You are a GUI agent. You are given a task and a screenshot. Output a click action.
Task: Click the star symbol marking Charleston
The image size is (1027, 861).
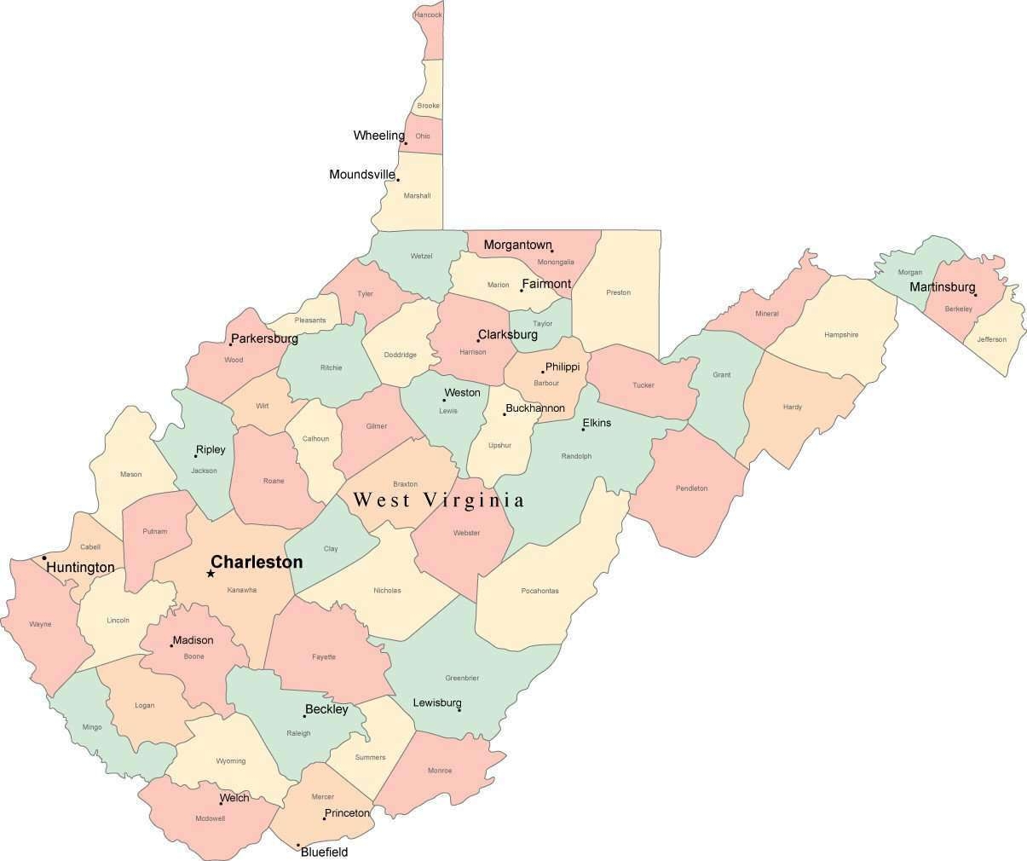(x=211, y=574)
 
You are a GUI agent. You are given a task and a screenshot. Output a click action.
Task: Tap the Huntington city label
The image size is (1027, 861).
(x=80, y=568)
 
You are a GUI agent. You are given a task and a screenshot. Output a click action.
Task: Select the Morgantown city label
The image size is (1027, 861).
(x=517, y=245)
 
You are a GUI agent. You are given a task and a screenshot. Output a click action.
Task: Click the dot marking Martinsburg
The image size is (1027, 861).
(x=976, y=295)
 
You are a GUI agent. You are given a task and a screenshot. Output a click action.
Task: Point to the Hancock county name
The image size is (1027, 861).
(x=428, y=15)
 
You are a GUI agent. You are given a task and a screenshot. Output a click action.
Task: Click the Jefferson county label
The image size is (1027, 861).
(x=991, y=339)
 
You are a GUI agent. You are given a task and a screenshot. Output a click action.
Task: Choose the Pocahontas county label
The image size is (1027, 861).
(x=539, y=591)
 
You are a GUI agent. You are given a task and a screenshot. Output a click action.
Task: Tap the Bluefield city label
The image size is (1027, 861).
(x=325, y=852)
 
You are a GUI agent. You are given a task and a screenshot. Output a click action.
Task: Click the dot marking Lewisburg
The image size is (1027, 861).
(x=459, y=710)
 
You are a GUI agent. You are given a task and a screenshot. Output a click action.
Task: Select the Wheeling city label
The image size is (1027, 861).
(x=378, y=136)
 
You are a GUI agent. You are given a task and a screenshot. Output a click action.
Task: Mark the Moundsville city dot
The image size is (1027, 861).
(x=398, y=180)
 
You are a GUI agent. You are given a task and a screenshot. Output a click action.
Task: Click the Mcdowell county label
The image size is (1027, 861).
(x=210, y=818)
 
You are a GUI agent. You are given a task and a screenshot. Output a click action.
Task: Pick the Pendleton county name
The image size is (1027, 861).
(x=691, y=488)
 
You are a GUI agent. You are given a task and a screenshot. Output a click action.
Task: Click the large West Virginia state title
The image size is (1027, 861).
(x=439, y=500)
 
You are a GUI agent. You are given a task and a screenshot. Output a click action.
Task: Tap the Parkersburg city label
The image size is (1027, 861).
(x=264, y=338)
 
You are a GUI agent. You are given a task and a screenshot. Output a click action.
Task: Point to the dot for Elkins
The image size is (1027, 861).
(x=583, y=430)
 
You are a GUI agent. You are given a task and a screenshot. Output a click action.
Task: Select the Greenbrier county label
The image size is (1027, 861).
(x=462, y=679)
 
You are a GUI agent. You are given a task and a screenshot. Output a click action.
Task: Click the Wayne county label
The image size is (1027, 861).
(x=40, y=624)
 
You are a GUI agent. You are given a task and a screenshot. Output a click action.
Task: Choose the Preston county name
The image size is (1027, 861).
(x=618, y=292)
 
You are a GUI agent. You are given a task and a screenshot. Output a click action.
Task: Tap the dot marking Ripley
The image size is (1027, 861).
(x=195, y=456)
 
